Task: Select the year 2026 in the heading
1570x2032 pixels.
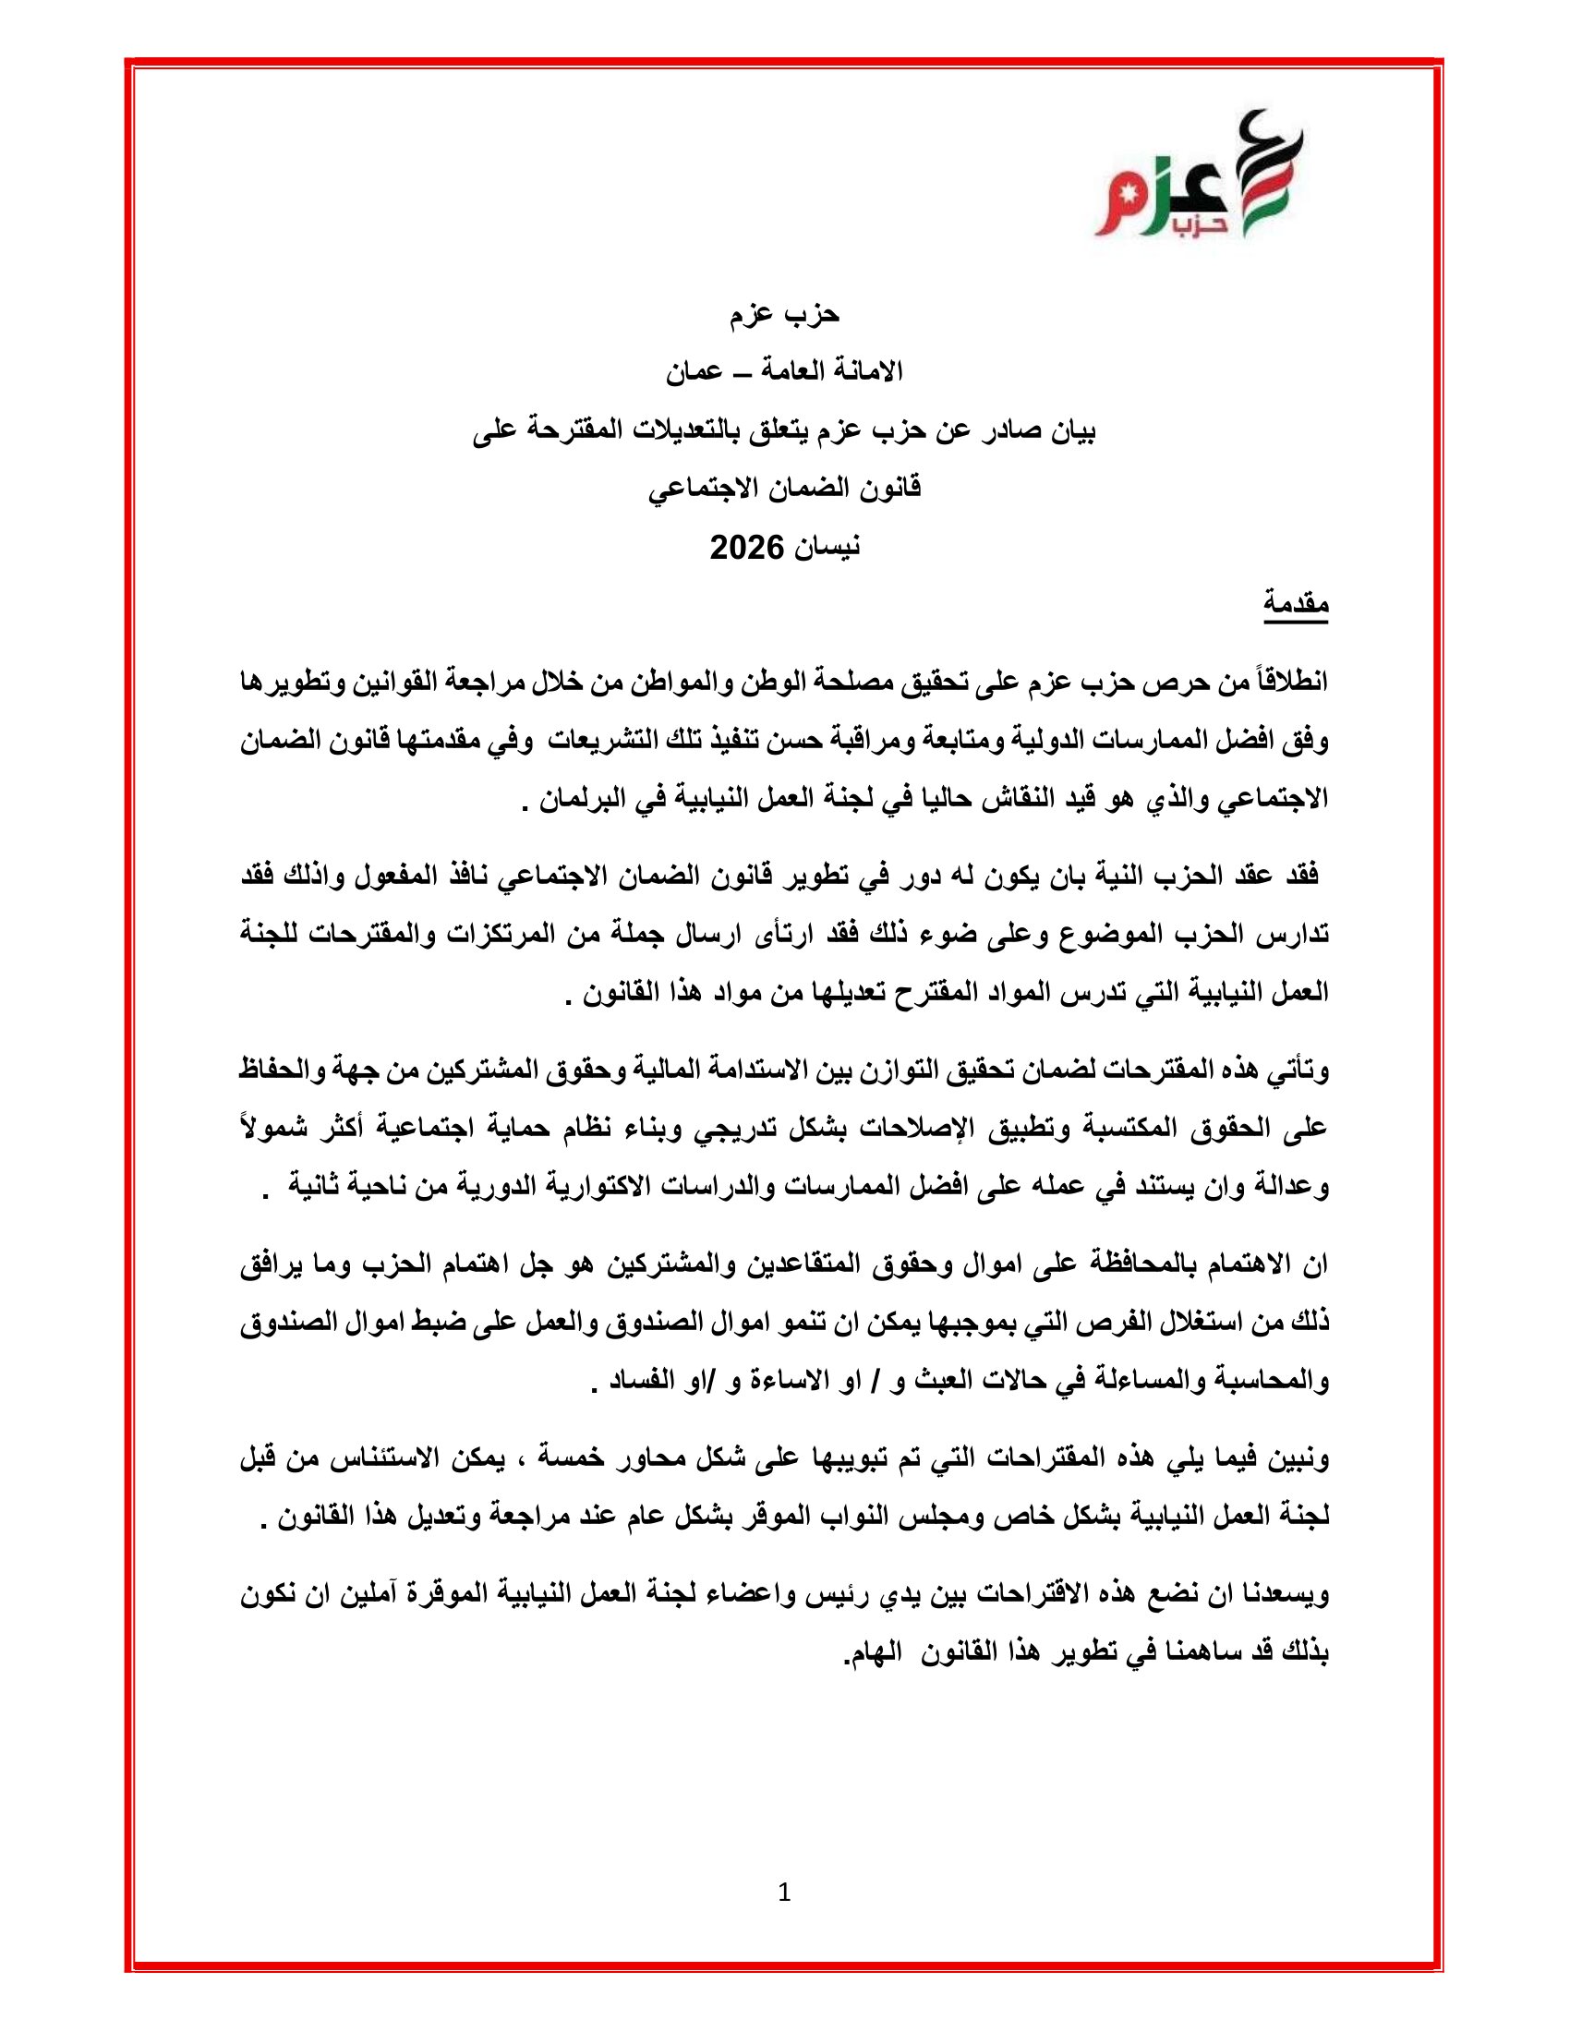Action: [x=748, y=548]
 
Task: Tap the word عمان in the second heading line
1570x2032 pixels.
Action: [x=694, y=372]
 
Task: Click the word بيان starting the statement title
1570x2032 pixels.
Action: [x=1069, y=430]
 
